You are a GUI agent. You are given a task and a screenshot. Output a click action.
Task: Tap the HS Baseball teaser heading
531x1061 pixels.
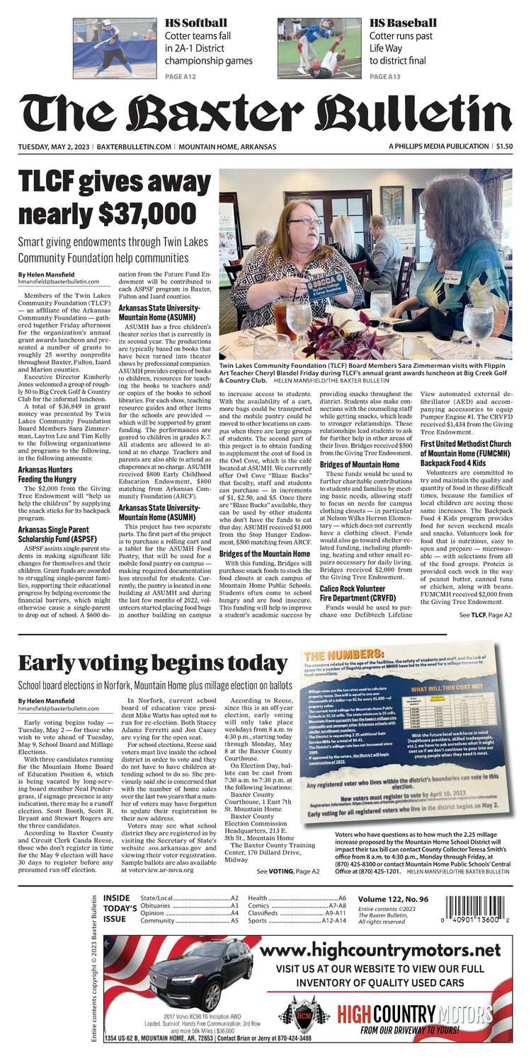tap(402, 23)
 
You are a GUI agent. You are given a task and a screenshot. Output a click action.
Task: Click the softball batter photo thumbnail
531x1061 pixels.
tap(114, 47)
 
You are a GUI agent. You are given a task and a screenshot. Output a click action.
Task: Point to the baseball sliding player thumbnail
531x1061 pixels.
tap(319, 47)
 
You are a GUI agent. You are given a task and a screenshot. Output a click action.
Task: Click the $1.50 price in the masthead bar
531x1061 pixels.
tap(504, 146)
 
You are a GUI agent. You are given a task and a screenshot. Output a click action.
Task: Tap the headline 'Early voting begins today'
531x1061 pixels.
tap(152, 663)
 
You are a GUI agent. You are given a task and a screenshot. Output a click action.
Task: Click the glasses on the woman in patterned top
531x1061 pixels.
tap(304, 221)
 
